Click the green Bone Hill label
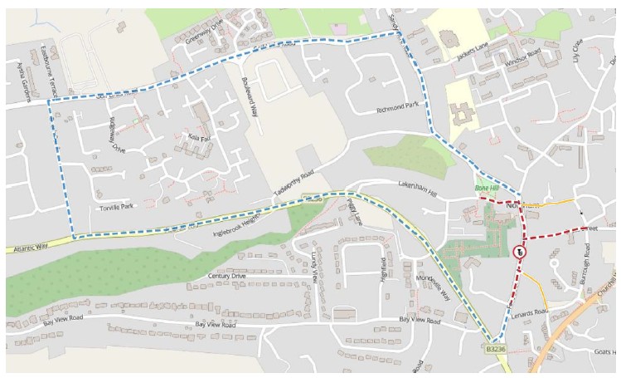[x=488, y=190]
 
